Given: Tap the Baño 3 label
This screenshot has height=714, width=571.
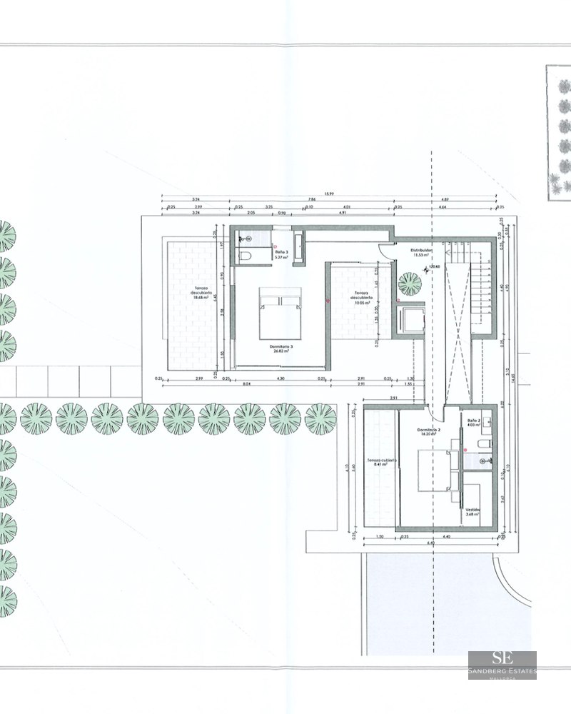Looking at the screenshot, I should pyautogui.click(x=281, y=255).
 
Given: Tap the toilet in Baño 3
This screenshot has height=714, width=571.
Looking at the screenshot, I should pyautogui.click(x=243, y=256).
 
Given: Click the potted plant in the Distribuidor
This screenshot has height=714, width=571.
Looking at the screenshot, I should pyautogui.click(x=410, y=283).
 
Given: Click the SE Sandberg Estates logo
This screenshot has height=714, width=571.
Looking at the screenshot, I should pyautogui.click(x=502, y=665).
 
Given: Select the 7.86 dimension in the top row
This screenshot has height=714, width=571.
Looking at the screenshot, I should pyautogui.click(x=312, y=201).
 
